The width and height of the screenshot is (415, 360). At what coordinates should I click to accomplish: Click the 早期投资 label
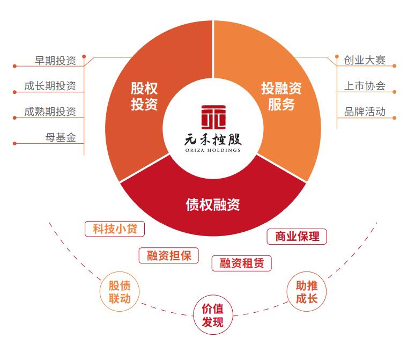tap(55, 61)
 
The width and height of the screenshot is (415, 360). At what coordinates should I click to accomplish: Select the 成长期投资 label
tap(50, 86)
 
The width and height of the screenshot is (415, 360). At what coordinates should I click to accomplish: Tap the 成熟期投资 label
tap(50, 112)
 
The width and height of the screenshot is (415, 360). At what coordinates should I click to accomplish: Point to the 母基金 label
tap(61, 137)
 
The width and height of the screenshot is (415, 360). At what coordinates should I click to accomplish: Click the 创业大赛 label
tap(365, 60)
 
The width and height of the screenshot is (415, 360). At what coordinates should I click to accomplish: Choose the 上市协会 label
tap(365, 86)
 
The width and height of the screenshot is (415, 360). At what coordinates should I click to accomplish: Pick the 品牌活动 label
tap(365, 112)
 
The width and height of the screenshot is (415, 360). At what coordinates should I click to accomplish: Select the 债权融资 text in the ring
tap(212, 204)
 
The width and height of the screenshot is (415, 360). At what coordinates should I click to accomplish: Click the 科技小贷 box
tap(115, 229)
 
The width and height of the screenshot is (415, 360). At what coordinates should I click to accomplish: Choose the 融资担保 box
tap(169, 255)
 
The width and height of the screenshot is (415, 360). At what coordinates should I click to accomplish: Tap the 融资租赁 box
tap(242, 263)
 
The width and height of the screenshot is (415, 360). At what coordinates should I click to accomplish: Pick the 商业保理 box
tap(297, 236)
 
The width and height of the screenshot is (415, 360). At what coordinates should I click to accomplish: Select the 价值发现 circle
tap(212, 316)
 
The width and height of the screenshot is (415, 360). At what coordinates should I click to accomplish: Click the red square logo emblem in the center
tap(213, 116)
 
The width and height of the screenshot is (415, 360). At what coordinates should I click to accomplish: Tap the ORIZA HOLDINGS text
tap(213, 150)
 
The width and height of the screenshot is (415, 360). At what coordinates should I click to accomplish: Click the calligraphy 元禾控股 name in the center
tap(213, 139)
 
